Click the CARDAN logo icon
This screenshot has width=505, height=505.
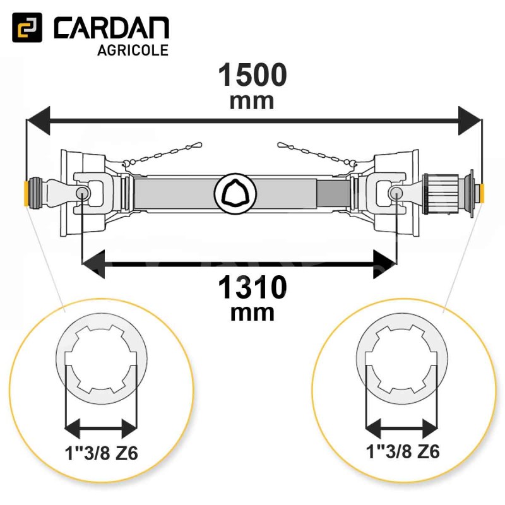tap(27, 27)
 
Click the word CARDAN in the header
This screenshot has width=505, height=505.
tap(112, 28)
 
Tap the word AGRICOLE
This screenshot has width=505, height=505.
tap(133, 50)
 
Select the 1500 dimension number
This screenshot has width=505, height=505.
tap(252, 74)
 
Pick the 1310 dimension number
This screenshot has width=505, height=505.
tap(252, 287)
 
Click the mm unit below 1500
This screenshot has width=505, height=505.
tap(252, 102)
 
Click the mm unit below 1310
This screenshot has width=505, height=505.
tap(252, 313)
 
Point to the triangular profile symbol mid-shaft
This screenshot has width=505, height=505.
tap(235, 193)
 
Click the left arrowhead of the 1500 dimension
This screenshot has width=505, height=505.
tap(39, 121)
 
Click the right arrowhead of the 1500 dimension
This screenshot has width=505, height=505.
tap(470, 121)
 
